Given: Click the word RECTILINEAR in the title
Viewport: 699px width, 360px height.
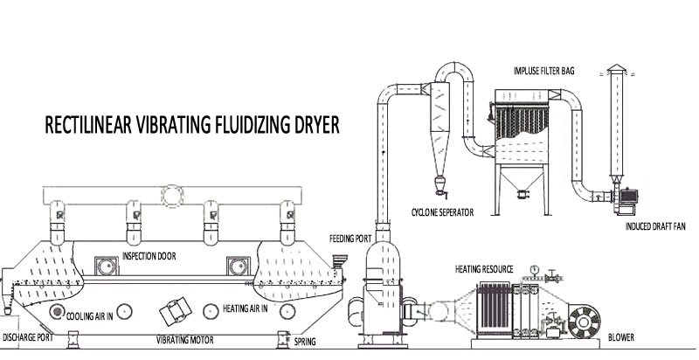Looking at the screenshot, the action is pos(88,125).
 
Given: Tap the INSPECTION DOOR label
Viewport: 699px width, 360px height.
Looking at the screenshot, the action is pos(149,256).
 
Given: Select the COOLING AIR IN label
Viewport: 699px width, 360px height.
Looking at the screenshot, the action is pos(90,316).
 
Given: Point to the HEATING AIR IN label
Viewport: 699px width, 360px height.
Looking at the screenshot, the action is pos(246,308).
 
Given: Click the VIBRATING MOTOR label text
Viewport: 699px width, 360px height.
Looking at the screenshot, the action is pos(184,341).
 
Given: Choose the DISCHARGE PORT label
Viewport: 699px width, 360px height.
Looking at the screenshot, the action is pos(28,337).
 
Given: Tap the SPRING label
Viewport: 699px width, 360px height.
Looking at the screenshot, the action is pos(305,343).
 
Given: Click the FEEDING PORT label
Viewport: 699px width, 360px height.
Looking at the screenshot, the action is pos(350,239).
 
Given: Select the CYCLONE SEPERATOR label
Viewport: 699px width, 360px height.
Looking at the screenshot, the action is pos(442,212).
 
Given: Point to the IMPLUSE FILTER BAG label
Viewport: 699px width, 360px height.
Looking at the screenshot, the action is pos(543,71).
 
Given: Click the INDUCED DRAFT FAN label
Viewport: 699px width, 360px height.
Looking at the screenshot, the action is pos(655,226).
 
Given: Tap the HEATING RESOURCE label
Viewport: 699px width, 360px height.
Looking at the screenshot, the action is pos(484,269).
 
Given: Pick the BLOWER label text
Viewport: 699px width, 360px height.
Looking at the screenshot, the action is pos(621,338).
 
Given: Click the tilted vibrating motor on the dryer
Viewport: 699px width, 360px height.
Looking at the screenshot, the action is pos(176,311).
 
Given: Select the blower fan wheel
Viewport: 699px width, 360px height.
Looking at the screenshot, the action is pos(584,322).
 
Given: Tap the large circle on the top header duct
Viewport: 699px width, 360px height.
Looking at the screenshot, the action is pos(172,196).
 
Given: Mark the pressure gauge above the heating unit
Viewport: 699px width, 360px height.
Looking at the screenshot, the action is pos(534,269).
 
